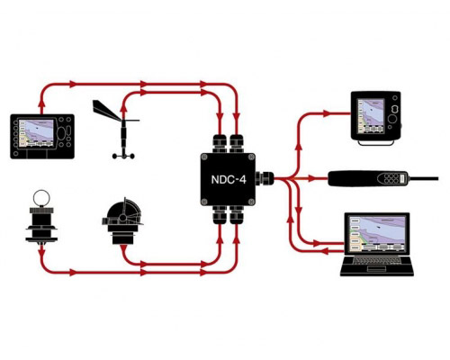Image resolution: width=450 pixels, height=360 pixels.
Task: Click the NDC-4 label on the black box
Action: [229, 179]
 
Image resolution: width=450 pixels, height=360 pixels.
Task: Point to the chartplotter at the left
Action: [42, 136]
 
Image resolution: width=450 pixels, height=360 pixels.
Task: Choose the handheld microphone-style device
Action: [368, 179]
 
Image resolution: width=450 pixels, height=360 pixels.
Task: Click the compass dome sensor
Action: [122, 220]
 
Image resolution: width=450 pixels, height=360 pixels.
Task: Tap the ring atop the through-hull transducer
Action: [41, 197]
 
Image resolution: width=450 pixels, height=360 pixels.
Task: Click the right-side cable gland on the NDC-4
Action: [265, 179]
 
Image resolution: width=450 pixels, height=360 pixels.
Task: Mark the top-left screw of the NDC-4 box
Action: [204, 157]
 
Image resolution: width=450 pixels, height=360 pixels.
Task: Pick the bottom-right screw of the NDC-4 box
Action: [251, 202]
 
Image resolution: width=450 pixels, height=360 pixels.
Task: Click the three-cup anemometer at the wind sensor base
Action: [123, 156]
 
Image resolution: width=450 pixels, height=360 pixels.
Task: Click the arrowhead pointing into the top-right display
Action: [326, 113]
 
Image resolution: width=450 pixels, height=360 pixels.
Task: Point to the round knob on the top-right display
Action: [392, 119]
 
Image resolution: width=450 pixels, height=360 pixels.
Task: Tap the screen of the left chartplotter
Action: [37, 133]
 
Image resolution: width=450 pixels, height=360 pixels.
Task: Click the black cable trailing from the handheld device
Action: [423, 179]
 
